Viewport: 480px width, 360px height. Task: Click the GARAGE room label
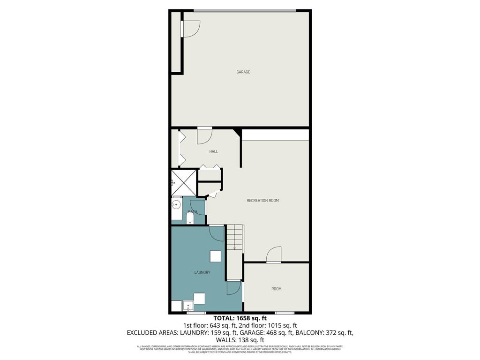point(243,72)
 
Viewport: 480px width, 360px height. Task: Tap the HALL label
point(213,151)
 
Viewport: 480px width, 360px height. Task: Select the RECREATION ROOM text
point(262,201)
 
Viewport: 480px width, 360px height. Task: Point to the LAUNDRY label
point(202,272)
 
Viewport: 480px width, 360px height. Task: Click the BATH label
point(192,212)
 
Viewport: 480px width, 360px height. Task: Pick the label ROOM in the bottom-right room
point(277,289)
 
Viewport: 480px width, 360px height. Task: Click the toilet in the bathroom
point(189,220)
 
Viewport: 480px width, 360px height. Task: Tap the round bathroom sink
point(177,204)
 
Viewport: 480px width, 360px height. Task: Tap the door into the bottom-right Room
point(274,255)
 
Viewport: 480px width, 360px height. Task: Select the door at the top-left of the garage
point(191,29)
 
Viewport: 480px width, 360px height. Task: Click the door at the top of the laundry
point(217,233)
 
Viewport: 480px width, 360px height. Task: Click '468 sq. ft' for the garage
point(277,332)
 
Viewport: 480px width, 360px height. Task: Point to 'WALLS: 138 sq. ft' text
point(240,340)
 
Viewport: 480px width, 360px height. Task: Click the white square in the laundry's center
point(215,256)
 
